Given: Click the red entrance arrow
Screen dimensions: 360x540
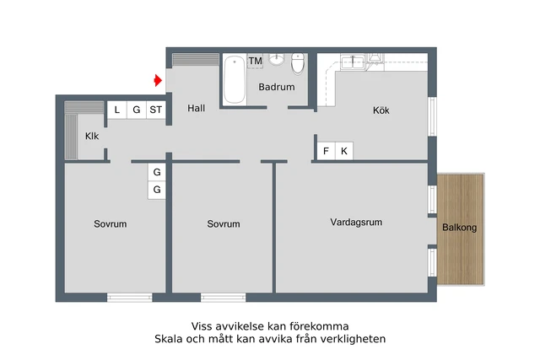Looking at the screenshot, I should pyautogui.click(x=158, y=81).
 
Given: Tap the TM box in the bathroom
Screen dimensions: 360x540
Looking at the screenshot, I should pyautogui.click(x=255, y=62).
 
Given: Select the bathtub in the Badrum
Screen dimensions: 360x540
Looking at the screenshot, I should pyautogui.click(x=234, y=78).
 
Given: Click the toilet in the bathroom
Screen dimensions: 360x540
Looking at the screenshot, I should pyautogui.click(x=297, y=64).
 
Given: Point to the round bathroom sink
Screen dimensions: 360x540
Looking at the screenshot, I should pyautogui.click(x=277, y=59).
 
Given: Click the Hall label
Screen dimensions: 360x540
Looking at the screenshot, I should pyautogui.click(x=197, y=108).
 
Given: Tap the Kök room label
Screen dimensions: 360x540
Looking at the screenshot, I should pyautogui.click(x=381, y=110).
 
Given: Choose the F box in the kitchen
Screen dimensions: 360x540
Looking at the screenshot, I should pyautogui.click(x=326, y=151).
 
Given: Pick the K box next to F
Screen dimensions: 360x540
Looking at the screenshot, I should pyautogui.click(x=344, y=151).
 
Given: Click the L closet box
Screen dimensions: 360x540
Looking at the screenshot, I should pyautogui.click(x=116, y=110).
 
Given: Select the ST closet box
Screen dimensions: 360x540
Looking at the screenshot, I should pyautogui.click(x=155, y=110).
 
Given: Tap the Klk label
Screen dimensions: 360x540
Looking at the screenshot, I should pyautogui.click(x=92, y=137).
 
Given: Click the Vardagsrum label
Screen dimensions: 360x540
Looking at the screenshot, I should pyautogui.click(x=356, y=223).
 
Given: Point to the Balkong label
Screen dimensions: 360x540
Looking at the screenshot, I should pyautogui.click(x=460, y=228).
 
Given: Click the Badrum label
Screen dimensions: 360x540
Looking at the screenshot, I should pyautogui.click(x=277, y=87).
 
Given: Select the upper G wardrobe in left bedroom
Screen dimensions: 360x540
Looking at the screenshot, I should pyautogui.click(x=156, y=173).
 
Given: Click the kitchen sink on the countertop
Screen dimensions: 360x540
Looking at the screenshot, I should pyautogui.click(x=352, y=61).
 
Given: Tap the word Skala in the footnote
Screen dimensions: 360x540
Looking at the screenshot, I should pyautogui.click(x=169, y=339).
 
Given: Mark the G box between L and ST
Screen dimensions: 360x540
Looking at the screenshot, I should pyautogui.click(x=136, y=110).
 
